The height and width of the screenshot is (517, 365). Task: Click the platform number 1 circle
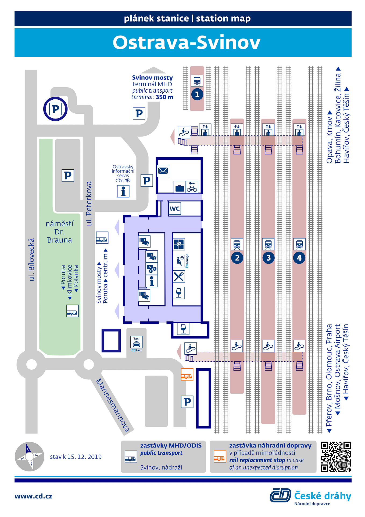pyautogui.click(x=197, y=94)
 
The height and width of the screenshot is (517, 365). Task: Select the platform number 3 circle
pyautogui.click(x=268, y=258)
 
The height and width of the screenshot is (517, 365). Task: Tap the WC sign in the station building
pyautogui.click(x=175, y=208)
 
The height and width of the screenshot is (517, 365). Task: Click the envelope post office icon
pyautogui.click(x=163, y=171)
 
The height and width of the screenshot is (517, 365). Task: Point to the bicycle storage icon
pyautogui.click(x=192, y=187)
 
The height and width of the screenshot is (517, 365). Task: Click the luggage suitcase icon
pyautogui.click(x=180, y=187)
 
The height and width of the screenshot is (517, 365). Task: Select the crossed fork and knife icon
pyautogui.click(x=179, y=276)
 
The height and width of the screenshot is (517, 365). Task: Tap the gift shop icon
pyautogui.click(x=179, y=244)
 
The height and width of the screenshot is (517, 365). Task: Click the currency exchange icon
pyautogui.click(x=151, y=268)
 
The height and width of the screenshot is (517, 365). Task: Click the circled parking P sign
pyautogui.click(x=55, y=109)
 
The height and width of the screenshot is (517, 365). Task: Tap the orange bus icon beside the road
pyautogui.click(x=187, y=374)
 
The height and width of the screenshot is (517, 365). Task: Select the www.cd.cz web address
pyautogui.click(x=33, y=496)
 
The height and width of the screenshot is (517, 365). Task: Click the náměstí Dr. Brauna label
pyautogui.click(x=59, y=232)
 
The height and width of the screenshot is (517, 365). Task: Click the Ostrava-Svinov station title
pyautogui.click(x=186, y=43)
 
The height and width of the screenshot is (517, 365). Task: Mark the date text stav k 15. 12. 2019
pyautogui.click(x=76, y=457)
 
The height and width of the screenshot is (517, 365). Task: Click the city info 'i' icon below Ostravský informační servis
pyautogui.click(x=123, y=191)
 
